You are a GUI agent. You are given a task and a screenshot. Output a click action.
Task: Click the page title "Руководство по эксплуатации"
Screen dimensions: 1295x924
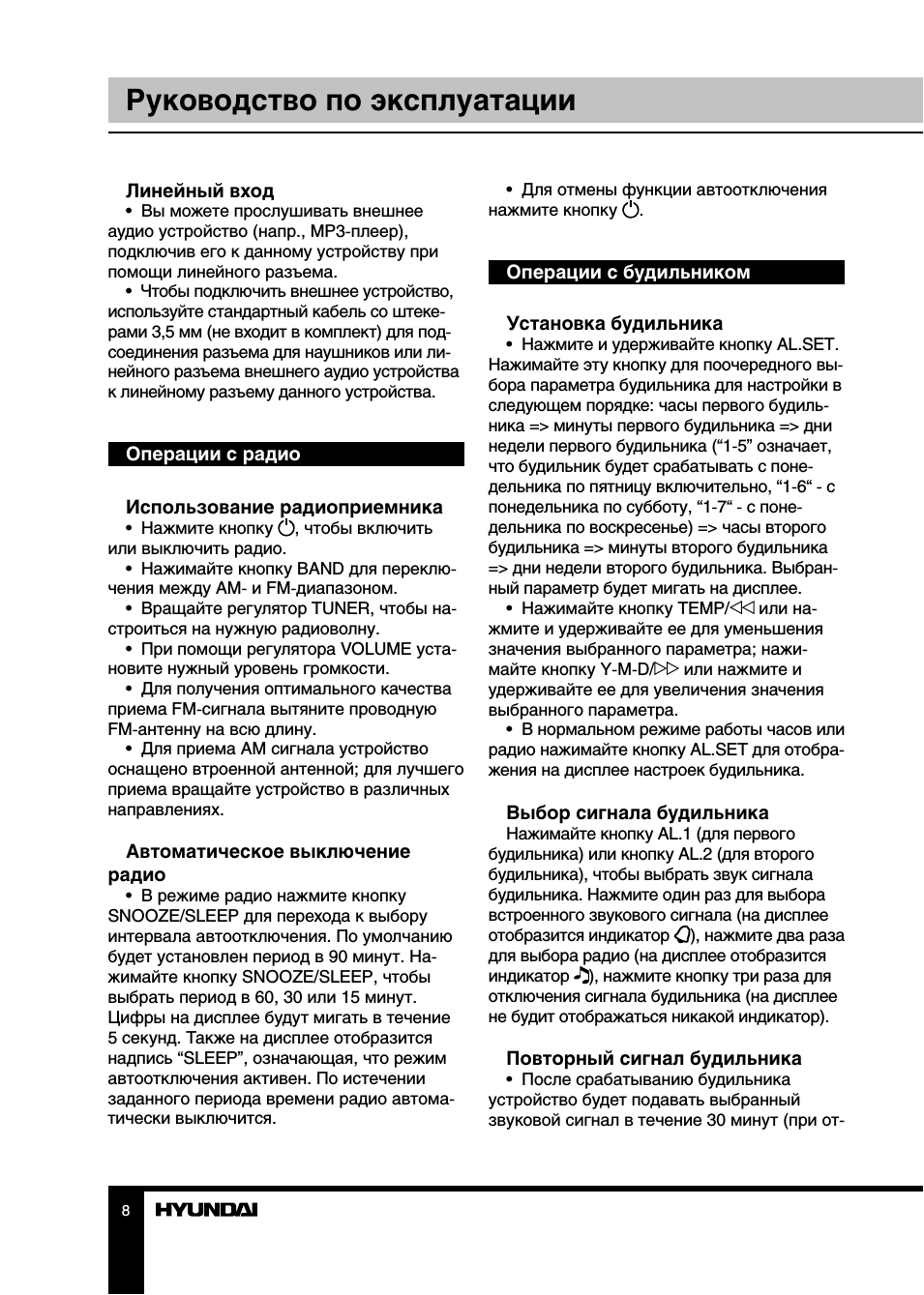350,101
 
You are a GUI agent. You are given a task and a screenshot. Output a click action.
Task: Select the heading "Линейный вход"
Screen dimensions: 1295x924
199,191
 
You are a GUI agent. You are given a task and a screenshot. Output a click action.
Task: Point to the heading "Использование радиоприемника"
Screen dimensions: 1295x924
283,508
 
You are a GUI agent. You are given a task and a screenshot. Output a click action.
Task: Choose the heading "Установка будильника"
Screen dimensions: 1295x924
613,324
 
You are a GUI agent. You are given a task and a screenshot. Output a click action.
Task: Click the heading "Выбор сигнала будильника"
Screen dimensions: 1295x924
637,813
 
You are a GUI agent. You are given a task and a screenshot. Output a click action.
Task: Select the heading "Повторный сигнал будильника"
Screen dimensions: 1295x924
653,1059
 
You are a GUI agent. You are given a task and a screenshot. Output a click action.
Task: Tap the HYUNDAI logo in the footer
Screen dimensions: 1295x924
206,1210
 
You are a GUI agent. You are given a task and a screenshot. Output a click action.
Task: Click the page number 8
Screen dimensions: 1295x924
126,1211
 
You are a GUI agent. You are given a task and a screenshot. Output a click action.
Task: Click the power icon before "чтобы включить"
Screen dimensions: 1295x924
286,528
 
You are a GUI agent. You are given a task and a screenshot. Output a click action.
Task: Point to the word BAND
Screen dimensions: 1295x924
320,569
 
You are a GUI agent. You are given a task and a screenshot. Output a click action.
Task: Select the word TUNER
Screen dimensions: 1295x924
341,608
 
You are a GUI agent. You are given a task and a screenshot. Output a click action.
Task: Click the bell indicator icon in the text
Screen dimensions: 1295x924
683,935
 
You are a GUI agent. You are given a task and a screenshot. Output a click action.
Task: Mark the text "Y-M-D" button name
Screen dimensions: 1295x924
625,669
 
